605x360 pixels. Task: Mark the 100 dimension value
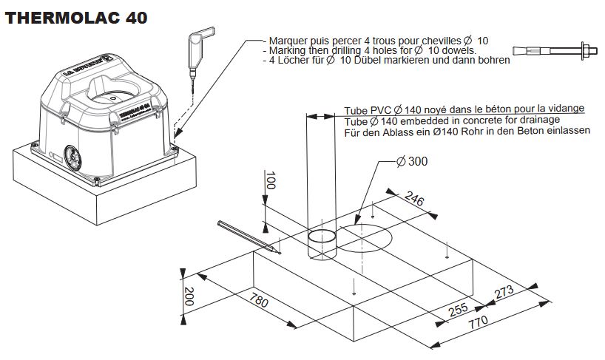coord(270,181)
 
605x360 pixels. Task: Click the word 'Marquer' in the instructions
coord(290,40)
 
